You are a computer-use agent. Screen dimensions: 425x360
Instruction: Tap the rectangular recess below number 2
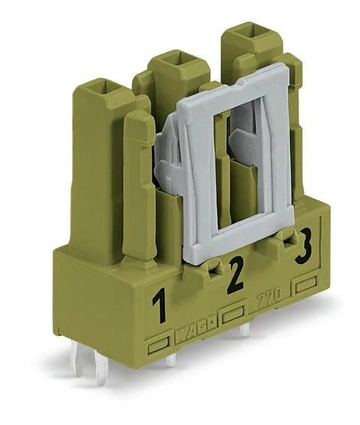click(234, 312)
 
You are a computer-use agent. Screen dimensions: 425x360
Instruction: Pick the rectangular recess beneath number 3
click(305, 285)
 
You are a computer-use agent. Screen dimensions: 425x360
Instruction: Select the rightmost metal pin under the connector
click(244, 328)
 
